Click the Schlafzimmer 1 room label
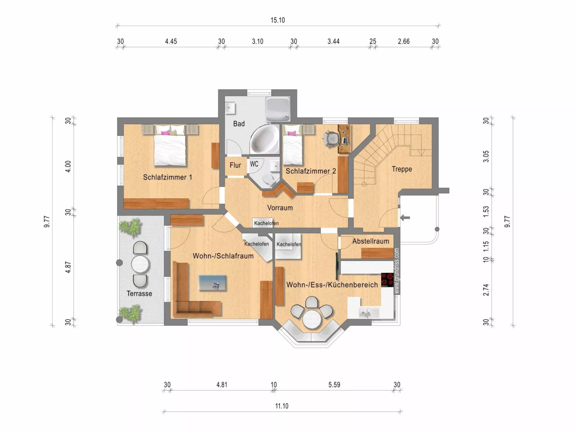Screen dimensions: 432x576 pyautogui.click(x=167, y=177)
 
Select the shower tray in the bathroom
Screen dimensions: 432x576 pyautogui.click(x=278, y=108)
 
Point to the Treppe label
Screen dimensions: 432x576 pyautogui.click(x=402, y=169)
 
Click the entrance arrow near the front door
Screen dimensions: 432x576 pyautogui.click(x=405, y=217)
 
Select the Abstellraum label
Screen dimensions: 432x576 pyautogui.click(x=370, y=241)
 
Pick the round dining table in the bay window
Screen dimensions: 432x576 pyautogui.click(x=311, y=319)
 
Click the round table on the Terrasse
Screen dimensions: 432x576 pyautogui.click(x=140, y=265)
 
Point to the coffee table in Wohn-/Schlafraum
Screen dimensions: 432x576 pyautogui.click(x=212, y=283)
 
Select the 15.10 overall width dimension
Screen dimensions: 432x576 pyautogui.click(x=278, y=20)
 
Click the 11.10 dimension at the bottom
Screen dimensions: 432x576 pyautogui.click(x=282, y=406)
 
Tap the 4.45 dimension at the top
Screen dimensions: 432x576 pyautogui.click(x=171, y=42)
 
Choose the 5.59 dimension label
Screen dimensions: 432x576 pyautogui.click(x=334, y=385)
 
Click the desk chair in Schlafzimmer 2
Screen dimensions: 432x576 pyautogui.click(x=331, y=139)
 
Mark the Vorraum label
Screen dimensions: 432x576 pyautogui.click(x=280, y=208)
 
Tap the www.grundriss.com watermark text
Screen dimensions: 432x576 pyautogui.click(x=396, y=271)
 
